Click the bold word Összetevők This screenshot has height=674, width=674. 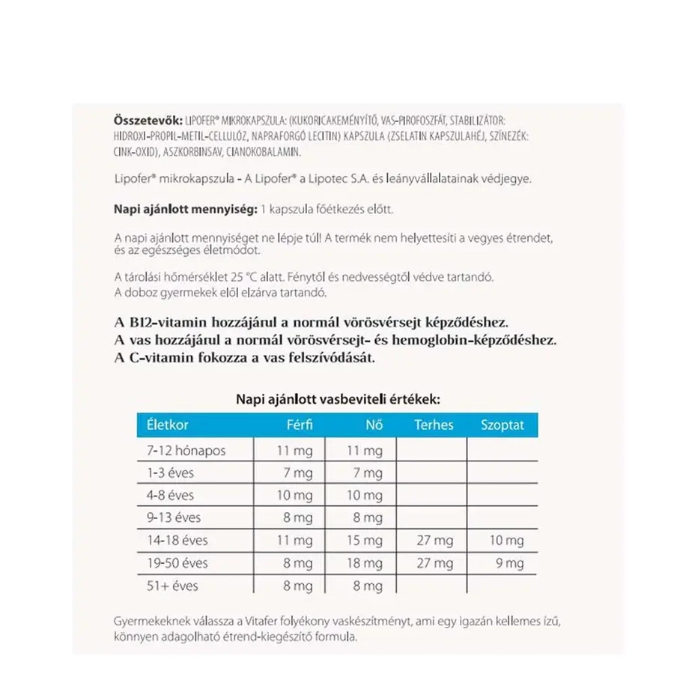tap(143, 121)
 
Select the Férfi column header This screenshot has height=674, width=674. tap(299, 425)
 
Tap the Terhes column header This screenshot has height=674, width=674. tap(434, 425)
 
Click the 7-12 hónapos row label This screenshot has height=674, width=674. tap(186, 450)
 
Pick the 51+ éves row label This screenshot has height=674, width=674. tap(173, 585)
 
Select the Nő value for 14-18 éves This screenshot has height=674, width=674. tap(365, 540)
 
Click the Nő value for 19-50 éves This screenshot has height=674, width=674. tap(365, 562)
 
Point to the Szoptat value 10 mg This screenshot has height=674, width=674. tap(506, 540)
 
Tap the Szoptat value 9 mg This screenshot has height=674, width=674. tap(510, 562)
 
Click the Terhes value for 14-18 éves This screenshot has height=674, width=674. tap(435, 540)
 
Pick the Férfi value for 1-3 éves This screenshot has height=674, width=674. tap(298, 473)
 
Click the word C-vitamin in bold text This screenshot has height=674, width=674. tap(160, 358)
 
